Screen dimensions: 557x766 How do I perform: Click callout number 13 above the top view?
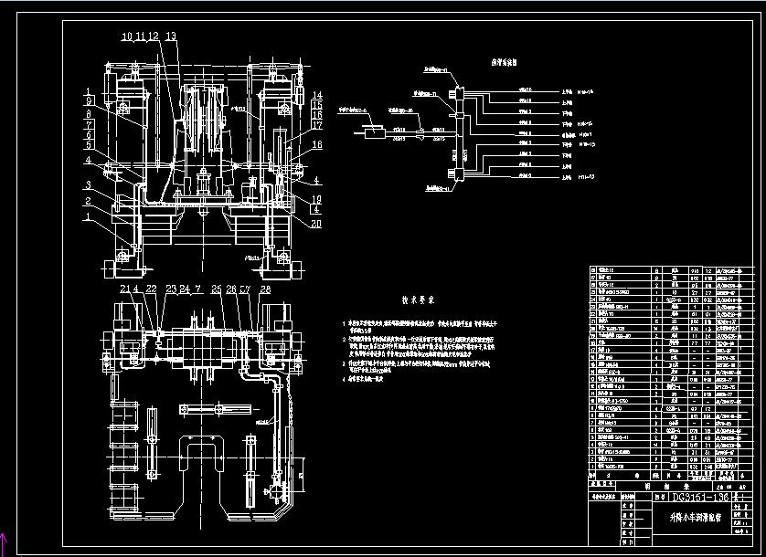[171, 37]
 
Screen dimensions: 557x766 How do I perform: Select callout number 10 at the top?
[126, 37]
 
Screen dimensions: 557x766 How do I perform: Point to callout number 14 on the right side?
[316, 95]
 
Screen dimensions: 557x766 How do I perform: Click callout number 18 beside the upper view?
[316, 145]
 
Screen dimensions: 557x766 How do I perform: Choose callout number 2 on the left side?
[88, 201]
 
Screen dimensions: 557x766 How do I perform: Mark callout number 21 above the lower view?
[125, 289]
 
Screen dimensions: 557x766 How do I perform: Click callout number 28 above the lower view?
[265, 289]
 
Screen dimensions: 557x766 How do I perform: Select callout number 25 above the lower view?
[217, 289]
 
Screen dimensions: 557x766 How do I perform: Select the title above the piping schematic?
[505, 63]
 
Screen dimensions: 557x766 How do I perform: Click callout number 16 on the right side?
[316, 116]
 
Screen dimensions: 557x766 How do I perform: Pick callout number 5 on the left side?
[88, 145]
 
